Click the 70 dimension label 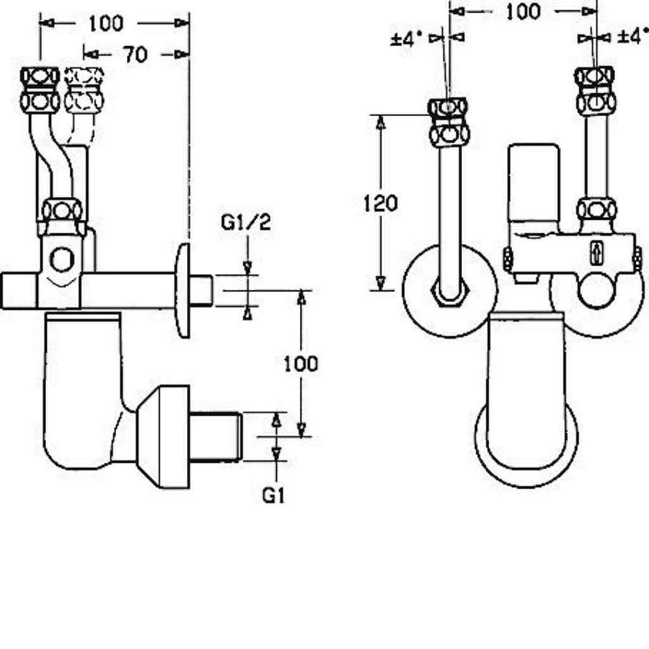[x=134, y=55]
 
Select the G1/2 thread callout [x=246, y=222]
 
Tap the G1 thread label [x=273, y=495]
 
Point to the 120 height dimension [x=380, y=203]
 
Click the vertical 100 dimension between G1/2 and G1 [x=300, y=364]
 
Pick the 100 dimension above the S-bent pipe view [x=106, y=23]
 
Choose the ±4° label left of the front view [x=406, y=39]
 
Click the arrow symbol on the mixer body [x=596, y=252]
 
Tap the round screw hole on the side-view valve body [x=61, y=259]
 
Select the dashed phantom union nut [x=84, y=89]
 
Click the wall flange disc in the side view [x=183, y=290]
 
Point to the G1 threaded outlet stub [x=215, y=436]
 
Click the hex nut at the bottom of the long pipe [x=450, y=293]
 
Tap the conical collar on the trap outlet [x=163, y=437]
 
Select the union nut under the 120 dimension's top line [x=449, y=122]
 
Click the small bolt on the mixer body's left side [x=508, y=259]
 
